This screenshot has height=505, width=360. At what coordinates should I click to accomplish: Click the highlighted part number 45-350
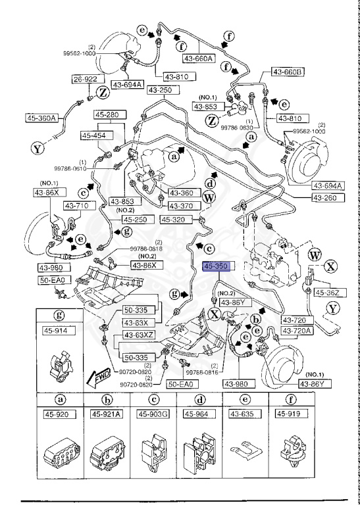pos(215,268)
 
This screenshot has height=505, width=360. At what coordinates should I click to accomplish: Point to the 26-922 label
pos(86,80)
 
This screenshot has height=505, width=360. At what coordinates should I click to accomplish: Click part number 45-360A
pos(42,118)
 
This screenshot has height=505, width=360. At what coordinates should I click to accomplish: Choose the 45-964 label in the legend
pos(199,414)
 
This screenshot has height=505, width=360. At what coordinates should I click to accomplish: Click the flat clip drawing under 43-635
pos(245,452)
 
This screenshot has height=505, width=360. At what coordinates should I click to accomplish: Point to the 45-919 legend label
pos(291,414)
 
